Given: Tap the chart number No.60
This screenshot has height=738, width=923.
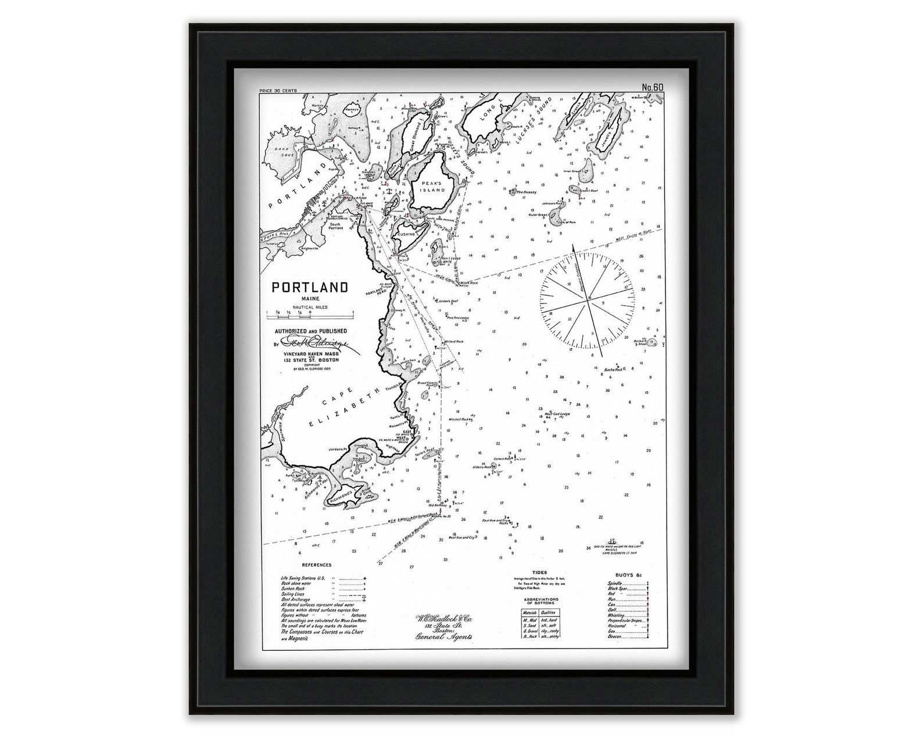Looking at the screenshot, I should (652, 88).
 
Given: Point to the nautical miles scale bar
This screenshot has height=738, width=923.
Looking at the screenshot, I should (310, 316).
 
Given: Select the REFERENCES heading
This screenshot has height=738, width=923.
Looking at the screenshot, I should (316, 564).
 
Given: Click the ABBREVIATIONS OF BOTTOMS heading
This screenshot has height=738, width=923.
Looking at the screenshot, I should (541, 601).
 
